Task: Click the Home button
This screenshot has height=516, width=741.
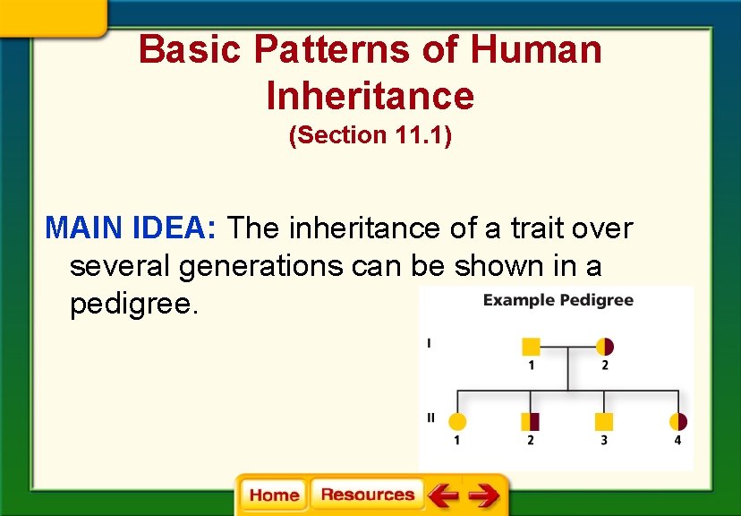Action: pyautogui.click(x=274, y=494)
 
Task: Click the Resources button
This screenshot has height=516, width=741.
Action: pyautogui.click(x=367, y=494)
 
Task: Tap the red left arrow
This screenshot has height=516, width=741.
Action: pyautogui.click(x=442, y=494)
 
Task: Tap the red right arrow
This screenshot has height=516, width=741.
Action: pyautogui.click(x=483, y=494)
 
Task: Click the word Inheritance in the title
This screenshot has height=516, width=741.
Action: pyautogui.click(x=370, y=95)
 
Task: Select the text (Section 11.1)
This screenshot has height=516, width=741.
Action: pyautogui.click(x=370, y=135)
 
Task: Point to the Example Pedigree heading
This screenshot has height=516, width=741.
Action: pyautogui.click(x=558, y=300)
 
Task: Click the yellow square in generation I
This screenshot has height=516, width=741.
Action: pyautogui.click(x=531, y=347)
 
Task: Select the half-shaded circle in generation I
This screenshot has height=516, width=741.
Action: pyautogui.click(x=605, y=347)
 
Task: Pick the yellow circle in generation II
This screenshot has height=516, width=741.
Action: pyautogui.click(x=457, y=421)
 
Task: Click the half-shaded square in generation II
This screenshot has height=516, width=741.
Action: pyautogui.click(x=531, y=421)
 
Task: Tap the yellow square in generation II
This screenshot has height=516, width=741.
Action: pyautogui.click(x=604, y=421)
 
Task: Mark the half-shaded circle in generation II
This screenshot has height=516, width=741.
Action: pyautogui.click(x=678, y=421)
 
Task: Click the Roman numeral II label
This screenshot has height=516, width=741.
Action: pyautogui.click(x=431, y=417)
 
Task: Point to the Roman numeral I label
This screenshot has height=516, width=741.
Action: pyautogui.click(x=430, y=342)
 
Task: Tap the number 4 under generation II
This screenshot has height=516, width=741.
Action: pyautogui.click(x=677, y=440)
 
